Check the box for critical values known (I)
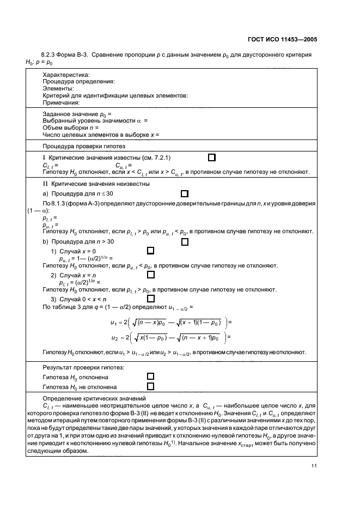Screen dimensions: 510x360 [212, 157]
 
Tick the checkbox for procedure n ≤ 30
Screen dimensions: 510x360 [185, 193]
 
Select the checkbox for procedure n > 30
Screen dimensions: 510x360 [185, 241]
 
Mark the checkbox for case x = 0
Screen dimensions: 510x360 [151, 250]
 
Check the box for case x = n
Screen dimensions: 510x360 [151, 274]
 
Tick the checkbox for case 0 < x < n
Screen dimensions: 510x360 [151, 299]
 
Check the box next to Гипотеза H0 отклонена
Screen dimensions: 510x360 [151, 377]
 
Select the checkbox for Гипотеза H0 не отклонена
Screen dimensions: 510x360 [151, 387]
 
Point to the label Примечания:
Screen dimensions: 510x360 [61, 102]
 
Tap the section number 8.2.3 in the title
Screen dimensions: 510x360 [50, 56]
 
